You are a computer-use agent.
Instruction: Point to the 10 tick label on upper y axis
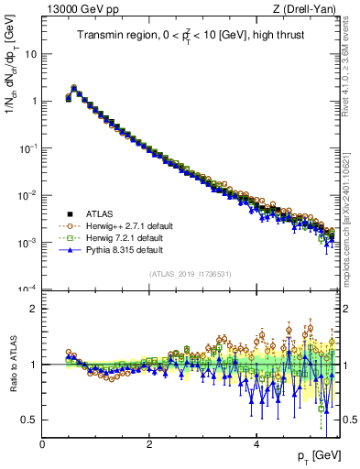(30, 54)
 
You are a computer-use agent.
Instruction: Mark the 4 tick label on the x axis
(256, 444)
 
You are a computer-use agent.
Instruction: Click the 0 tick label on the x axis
(42, 444)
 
